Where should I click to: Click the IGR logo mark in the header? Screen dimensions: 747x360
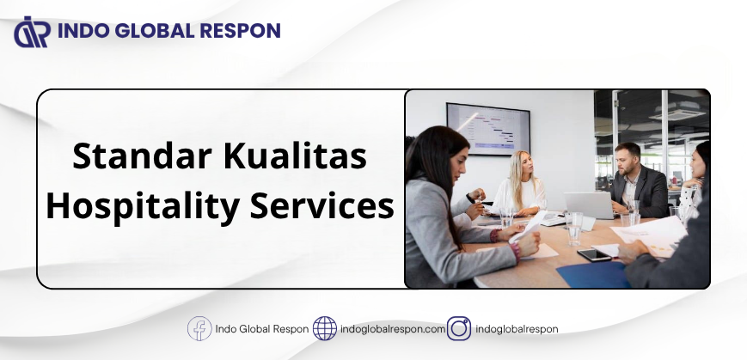[33, 32]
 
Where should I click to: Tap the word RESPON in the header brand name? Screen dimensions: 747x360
[240, 31]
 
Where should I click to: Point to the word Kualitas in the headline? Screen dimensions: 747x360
[296, 156]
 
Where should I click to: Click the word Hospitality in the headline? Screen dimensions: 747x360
[143, 207]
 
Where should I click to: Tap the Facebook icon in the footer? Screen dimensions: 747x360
[199, 328]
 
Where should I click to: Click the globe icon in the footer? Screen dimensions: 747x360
[324, 328]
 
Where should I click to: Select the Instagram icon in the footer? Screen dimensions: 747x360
[459, 328]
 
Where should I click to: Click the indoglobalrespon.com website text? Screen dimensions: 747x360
[393, 329]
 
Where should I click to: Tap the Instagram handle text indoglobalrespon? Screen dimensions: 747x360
[517, 329]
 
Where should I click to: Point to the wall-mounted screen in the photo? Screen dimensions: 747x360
[488, 129]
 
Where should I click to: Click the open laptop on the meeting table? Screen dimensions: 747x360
[590, 205]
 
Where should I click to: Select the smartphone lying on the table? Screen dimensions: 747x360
[594, 255]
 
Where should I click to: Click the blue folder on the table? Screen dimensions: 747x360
[593, 276]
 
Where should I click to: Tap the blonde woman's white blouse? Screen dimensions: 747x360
[521, 194]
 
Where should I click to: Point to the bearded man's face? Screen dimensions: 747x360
[627, 161]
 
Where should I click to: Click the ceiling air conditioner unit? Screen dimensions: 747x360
[677, 114]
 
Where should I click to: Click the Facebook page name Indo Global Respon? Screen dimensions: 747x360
[262, 329]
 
